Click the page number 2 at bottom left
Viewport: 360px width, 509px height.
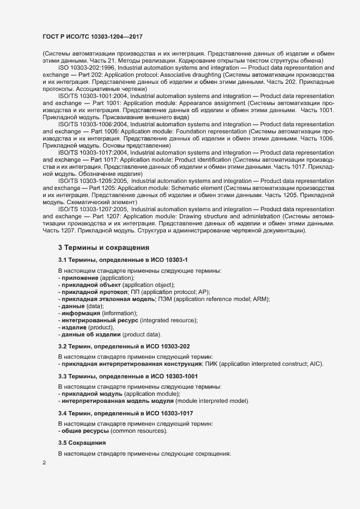(44, 463)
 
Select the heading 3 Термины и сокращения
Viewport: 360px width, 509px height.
(96, 248)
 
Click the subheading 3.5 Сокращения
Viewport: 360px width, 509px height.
(82, 442)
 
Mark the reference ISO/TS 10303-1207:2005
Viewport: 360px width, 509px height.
(93, 209)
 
